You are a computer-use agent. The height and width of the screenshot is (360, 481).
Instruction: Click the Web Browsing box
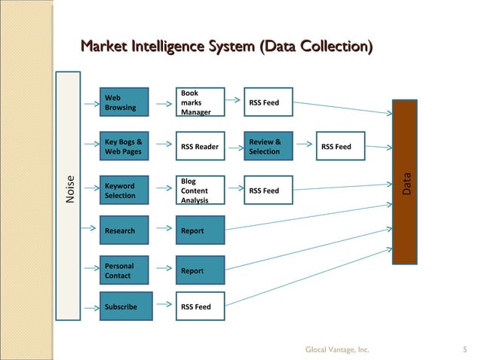126,102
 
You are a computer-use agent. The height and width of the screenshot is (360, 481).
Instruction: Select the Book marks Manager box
200,102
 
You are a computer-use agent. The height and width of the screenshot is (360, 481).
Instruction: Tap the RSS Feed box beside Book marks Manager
268,102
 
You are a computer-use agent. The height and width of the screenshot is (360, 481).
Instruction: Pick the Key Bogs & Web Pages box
126,146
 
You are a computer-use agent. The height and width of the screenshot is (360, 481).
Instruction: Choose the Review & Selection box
268,146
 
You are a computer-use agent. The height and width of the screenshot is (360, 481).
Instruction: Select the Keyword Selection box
126,191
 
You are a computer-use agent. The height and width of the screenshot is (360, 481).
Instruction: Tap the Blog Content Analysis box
200,191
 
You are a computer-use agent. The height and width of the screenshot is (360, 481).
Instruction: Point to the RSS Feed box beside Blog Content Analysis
268,191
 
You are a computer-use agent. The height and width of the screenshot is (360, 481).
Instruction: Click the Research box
126,230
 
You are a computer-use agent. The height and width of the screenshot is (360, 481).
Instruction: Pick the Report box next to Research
200,230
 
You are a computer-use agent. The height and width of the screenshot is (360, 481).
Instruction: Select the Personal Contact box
126,270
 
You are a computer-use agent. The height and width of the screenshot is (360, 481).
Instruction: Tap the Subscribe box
126,307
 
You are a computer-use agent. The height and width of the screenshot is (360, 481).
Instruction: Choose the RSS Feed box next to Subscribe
200,307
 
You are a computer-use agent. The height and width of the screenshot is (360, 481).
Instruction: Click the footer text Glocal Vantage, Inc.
337,349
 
